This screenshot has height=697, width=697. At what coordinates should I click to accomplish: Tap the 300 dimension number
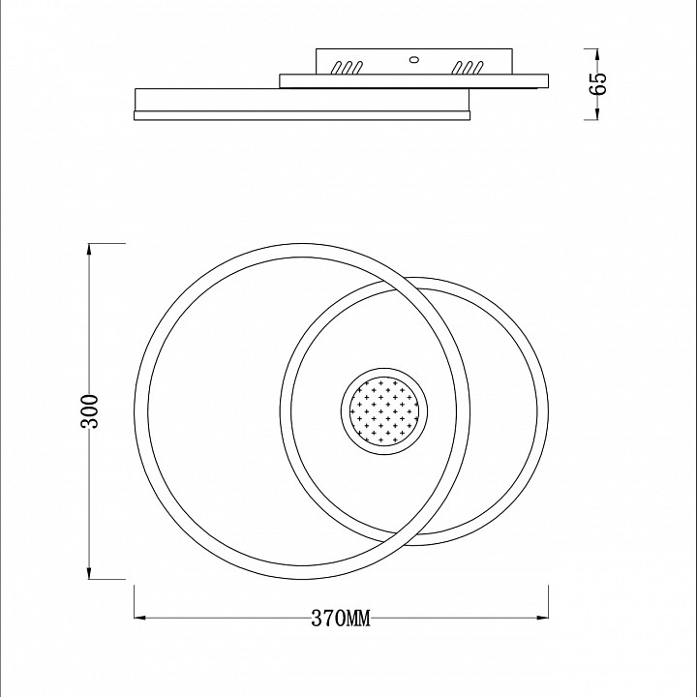[90, 412]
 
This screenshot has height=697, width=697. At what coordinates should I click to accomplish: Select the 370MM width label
[341, 619]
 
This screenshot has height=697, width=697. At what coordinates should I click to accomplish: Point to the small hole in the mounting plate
[414, 58]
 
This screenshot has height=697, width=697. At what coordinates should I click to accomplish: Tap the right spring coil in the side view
[470, 68]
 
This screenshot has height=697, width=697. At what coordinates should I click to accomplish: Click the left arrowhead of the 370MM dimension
[136, 617]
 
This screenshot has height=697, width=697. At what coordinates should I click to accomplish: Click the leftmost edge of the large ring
[136, 412]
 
